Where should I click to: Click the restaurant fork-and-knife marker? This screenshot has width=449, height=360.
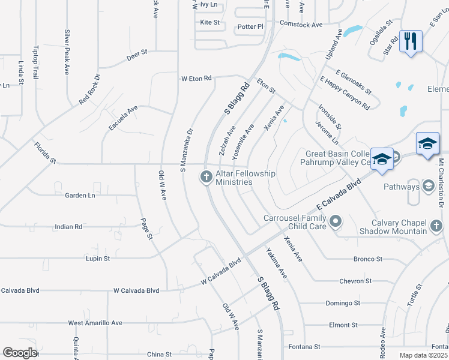pyautogui.click(x=411, y=41)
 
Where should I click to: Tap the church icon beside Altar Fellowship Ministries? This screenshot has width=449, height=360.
pyautogui.click(x=205, y=176)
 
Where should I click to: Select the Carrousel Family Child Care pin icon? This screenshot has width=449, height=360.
pyautogui.click(x=336, y=222)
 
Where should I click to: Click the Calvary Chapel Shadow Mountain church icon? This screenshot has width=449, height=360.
pyautogui.click(x=436, y=226)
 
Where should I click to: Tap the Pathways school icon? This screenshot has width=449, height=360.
pyautogui.click(x=429, y=187)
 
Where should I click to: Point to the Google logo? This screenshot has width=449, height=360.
pyautogui.click(x=19, y=353)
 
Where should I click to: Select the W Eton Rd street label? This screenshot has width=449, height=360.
pyautogui.click(x=197, y=79)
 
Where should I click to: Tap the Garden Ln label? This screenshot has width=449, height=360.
pyautogui.click(x=80, y=196)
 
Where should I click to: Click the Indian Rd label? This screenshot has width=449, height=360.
pyautogui.click(x=68, y=227)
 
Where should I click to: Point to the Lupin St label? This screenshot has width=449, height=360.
pyautogui.click(x=98, y=259)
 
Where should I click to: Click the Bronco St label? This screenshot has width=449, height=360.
pyautogui.click(x=368, y=259)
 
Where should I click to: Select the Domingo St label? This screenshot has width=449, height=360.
pyautogui.click(x=343, y=303)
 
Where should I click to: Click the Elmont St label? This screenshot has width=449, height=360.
pyautogui.click(x=343, y=325)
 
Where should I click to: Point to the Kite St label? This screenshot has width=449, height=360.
pyautogui.click(x=210, y=22)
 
